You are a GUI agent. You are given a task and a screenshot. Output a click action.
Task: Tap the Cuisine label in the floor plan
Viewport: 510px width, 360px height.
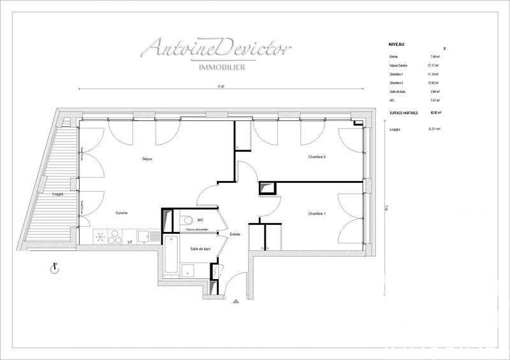123,213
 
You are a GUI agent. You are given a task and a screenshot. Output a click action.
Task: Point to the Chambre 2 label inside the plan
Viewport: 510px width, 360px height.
317,157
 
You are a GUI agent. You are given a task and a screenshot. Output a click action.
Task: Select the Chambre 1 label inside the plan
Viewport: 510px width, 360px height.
317,213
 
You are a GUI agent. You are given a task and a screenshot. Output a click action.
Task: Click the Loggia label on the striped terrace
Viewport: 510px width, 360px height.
57,194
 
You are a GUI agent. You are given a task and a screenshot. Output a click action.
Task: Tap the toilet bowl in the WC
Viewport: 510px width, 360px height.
187,220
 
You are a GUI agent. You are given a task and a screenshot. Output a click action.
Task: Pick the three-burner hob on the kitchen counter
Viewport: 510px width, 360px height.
108,237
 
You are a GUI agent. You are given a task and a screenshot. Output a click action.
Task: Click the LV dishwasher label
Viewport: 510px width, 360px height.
130,241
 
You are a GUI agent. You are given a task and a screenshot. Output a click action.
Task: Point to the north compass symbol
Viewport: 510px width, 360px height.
54,270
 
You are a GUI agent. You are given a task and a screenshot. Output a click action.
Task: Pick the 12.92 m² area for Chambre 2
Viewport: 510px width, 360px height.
436,83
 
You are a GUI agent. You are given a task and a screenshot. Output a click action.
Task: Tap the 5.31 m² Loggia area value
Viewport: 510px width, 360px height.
435,129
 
